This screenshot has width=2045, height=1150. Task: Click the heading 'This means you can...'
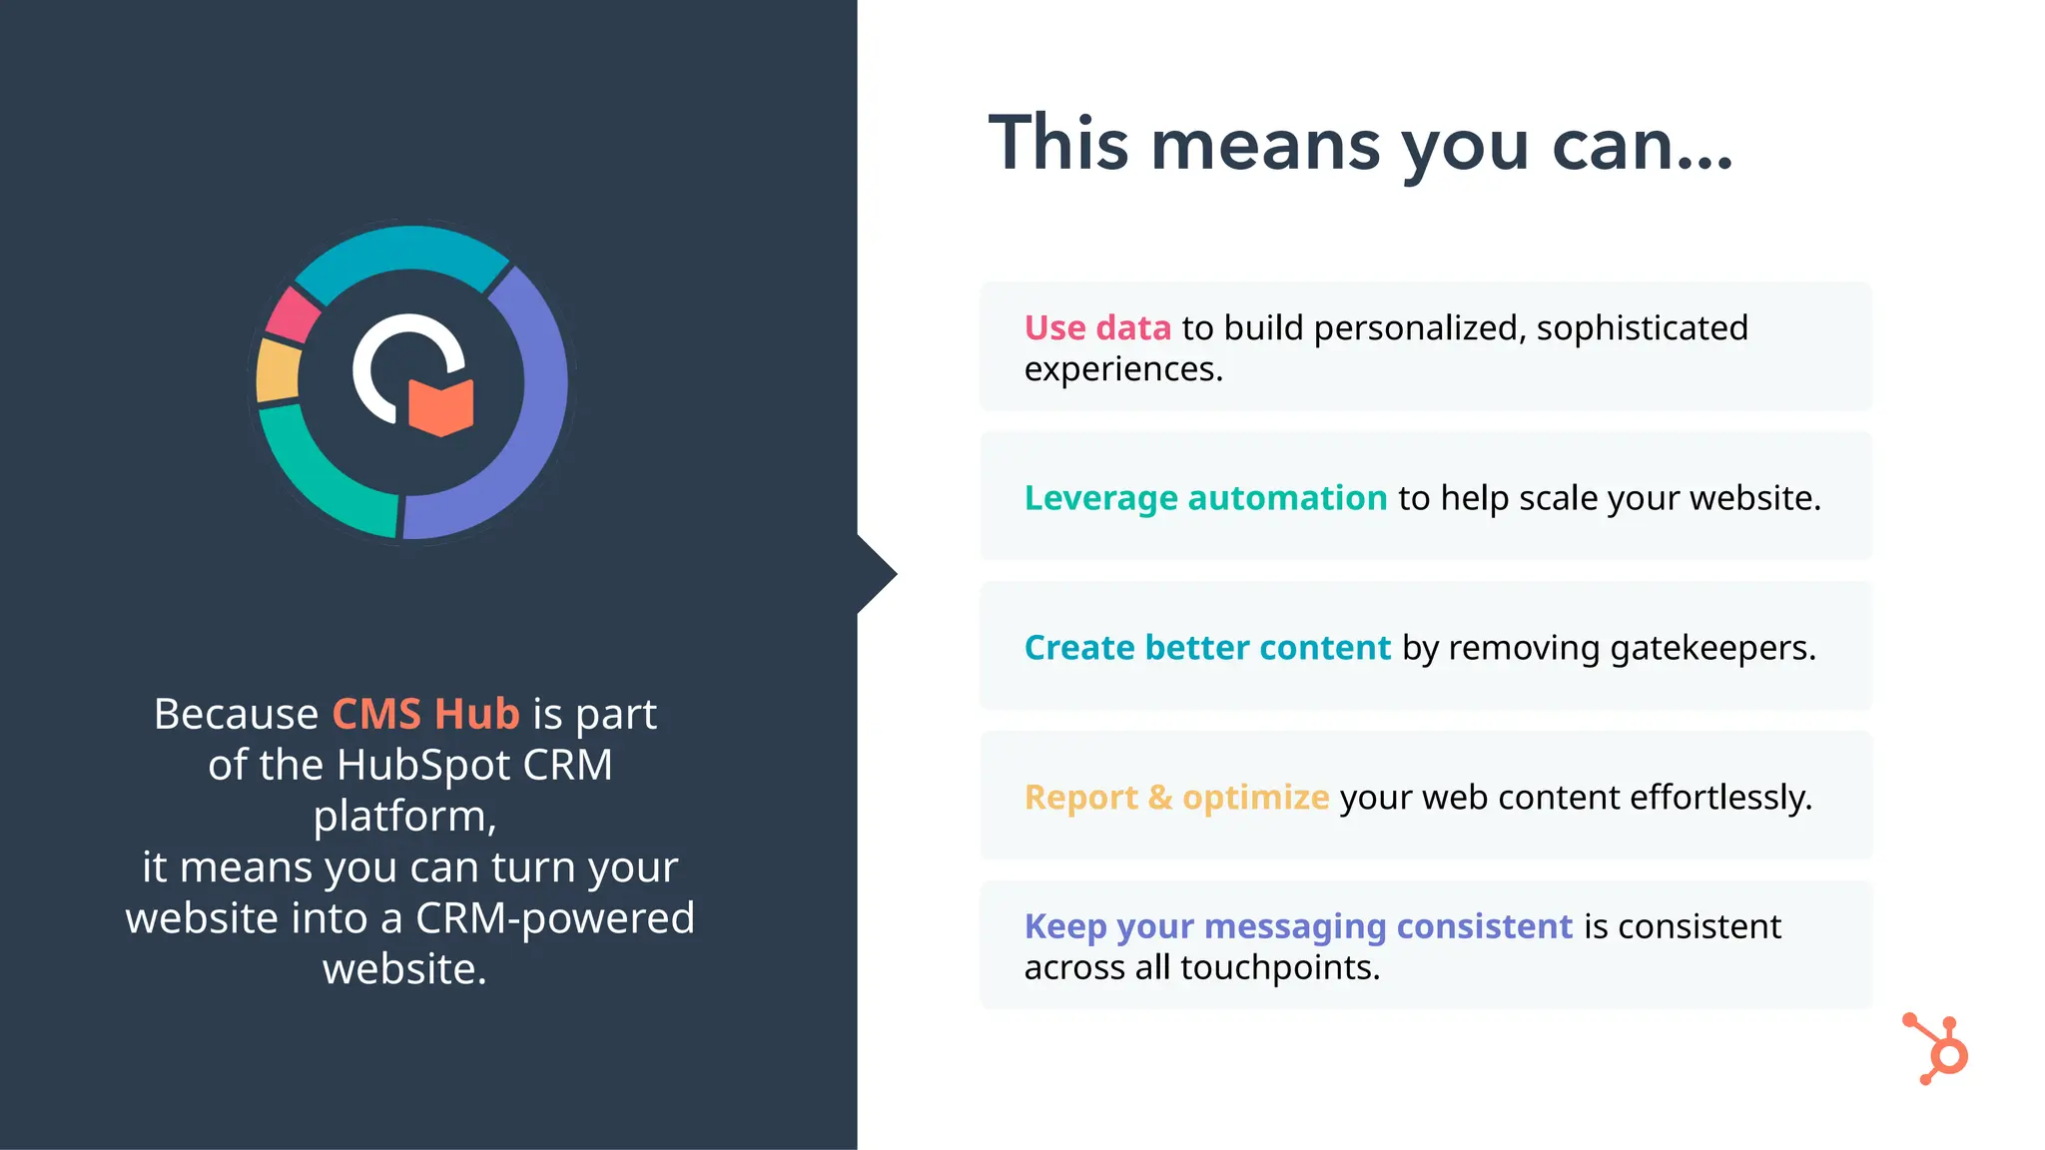pyautogui.click(x=1360, y=145)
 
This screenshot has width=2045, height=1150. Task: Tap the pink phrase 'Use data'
pyautogui.click(x=1096, y=327)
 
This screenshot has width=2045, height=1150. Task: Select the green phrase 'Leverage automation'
pyautogui.click(x=1205, y=497)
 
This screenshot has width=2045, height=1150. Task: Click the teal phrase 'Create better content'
pyautogui.click(x=1207, y=647)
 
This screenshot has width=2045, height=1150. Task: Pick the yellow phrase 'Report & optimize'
pyautogui.click(x=1176, y=797)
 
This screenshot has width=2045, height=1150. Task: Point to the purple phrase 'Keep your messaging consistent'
pyautogui.click(x=1298, y=926)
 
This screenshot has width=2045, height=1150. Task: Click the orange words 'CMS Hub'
pyautogui.click(x=425, y=714)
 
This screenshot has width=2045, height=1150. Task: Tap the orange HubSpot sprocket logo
pyautogui.click(x=1937, y=1050)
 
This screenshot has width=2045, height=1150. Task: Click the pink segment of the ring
pyautogui.click(x=292, y=313)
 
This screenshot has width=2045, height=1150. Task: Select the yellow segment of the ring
pyautogui.click(x=278, y=370)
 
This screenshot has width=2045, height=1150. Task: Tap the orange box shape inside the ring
pyautogui.click(x=440, y=406)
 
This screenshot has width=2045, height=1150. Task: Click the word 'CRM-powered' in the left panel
pyautogui.click(x=554, y=918)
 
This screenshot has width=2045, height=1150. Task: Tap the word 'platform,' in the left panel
pyautogui.click(x=404, y=816)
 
